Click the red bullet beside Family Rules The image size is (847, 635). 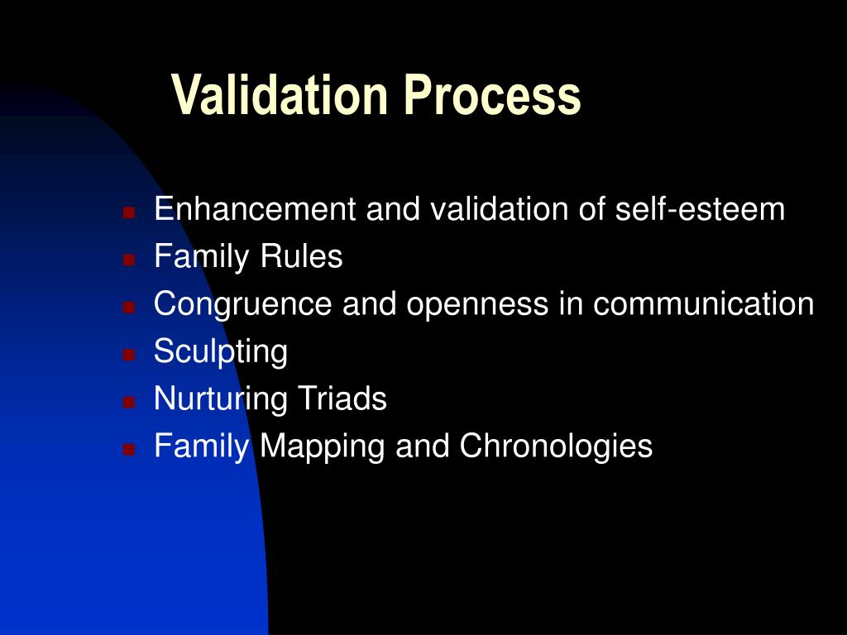(x=129, y=259)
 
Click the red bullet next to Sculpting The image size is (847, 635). (x=129, y=354)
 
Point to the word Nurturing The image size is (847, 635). (x=220, y=400)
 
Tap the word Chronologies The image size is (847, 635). (x=556, y=447)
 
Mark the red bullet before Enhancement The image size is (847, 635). (x=129, y=212)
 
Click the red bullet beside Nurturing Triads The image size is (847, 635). (x=129, y=402)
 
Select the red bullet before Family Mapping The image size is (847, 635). (x=129, y=449)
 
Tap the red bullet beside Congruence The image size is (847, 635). (x=129, y=307)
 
